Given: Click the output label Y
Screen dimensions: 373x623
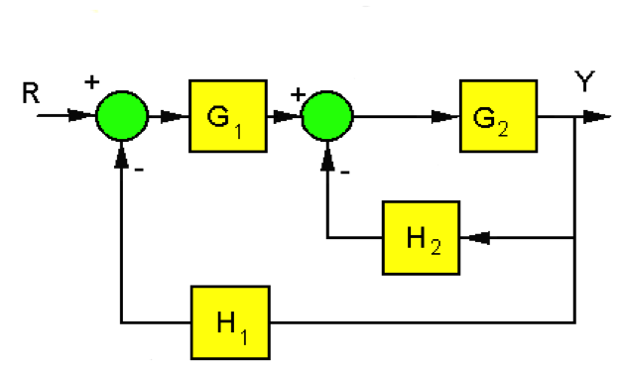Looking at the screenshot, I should (585, 82).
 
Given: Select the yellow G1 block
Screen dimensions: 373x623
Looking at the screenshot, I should (227, 116).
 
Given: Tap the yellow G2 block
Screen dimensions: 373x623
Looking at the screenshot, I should (498, 116).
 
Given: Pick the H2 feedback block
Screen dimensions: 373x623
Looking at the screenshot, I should (421, 237).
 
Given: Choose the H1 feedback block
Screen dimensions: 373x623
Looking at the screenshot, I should (231, 321).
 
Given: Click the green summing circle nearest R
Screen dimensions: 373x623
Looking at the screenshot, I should (121, 117).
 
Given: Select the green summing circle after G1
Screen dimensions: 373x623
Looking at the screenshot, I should (327, 117).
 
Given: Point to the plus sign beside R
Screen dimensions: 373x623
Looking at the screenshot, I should (92, 81).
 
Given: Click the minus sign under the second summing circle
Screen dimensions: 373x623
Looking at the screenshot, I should (344, 170).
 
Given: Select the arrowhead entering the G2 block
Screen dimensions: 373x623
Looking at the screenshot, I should (448, 117).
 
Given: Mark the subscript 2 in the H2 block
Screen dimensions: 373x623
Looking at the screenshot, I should (437, 245).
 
